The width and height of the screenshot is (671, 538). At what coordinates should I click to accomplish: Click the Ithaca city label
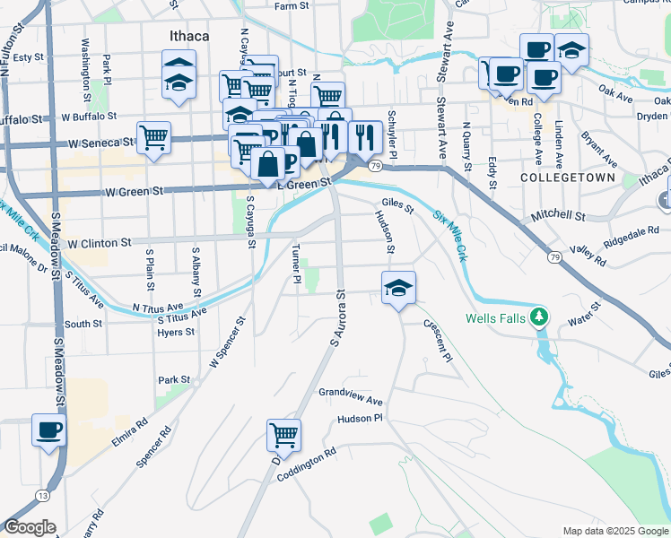pos(188,36)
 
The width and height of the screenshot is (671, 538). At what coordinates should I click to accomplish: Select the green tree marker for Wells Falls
pos(538,317)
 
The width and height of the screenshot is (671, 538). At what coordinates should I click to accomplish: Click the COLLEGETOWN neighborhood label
pos(568,178)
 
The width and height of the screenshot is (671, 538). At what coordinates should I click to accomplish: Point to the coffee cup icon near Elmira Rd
pos(48,430)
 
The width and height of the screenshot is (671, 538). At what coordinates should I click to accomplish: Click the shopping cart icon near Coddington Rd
pos(283,436)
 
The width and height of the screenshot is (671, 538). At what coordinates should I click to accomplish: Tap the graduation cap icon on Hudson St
pos(398,288)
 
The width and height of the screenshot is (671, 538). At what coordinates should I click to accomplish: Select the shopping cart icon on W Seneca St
pos(154,138)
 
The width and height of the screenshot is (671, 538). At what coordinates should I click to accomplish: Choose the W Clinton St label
pos(100,243)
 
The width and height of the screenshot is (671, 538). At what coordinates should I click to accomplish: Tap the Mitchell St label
pos(557,217)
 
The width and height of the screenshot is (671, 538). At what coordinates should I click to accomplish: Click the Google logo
pos(30,527)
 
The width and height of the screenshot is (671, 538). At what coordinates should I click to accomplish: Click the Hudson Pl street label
pos(360,419)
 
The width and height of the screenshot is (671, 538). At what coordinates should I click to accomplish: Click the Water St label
pos(583,318)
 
